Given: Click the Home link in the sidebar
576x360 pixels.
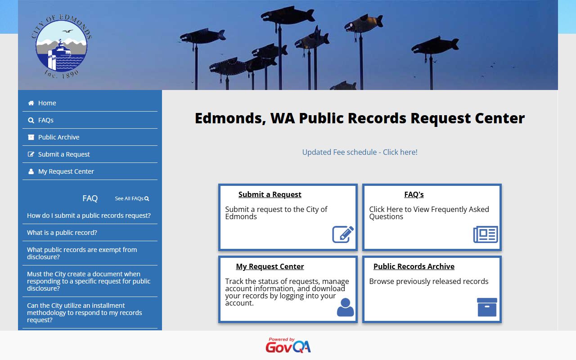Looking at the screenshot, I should click(47, 103).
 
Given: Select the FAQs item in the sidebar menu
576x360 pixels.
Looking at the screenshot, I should click(45, 120).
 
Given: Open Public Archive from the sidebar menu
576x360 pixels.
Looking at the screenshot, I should click(58, 137).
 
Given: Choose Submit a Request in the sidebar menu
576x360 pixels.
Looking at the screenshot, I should click(64, 154).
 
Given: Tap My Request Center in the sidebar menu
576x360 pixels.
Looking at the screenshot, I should click(66, 171).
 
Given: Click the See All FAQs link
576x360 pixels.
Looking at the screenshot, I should click(131, 198).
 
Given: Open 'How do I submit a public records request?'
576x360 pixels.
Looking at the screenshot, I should click(89, 216).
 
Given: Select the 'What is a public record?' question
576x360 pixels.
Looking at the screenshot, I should click(62, 233).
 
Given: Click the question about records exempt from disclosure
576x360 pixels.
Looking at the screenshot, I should click(82, 253).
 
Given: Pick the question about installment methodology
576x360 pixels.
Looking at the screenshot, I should click(84, 313).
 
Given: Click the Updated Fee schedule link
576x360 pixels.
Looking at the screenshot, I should click(360, 152).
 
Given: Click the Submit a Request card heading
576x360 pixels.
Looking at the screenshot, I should click(270, 194).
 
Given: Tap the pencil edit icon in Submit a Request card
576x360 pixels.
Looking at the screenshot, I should click(343, 234).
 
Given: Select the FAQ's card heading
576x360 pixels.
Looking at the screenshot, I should click(414, 194).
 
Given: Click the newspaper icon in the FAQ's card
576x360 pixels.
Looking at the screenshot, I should click(486, 234).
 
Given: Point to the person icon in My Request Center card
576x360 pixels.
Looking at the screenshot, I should click(345, 307).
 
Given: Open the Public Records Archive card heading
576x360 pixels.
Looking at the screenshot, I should click(414, 266).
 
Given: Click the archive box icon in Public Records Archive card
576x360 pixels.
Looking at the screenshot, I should click(487, 307).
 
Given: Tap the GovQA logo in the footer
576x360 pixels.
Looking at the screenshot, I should click(288, 346).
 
